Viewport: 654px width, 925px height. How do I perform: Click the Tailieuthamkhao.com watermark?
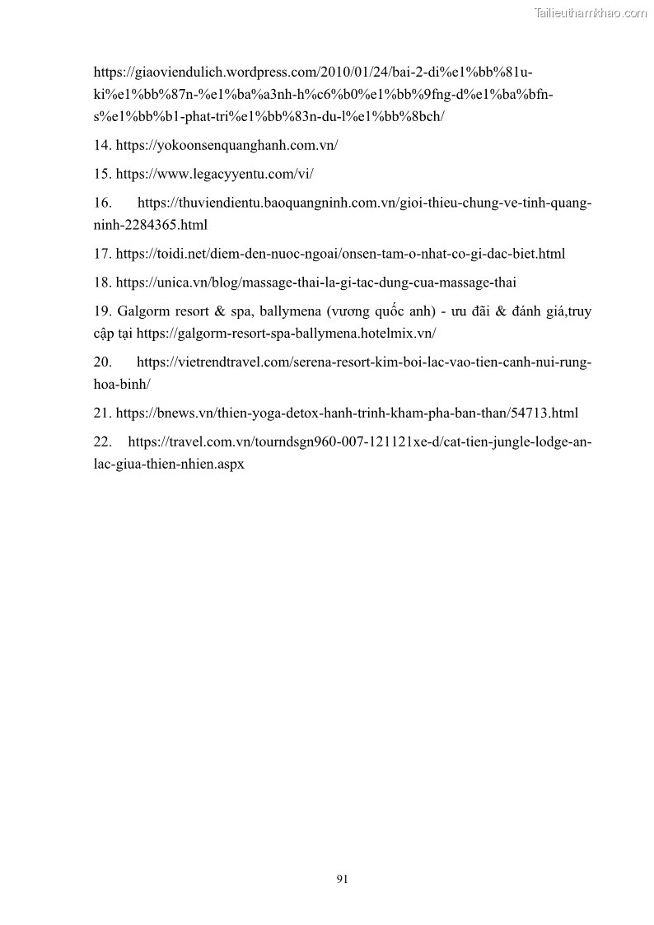591,12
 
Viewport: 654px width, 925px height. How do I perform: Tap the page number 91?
343,879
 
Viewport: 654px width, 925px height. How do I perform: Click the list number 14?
102,145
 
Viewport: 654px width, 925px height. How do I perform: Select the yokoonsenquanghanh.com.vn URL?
227,145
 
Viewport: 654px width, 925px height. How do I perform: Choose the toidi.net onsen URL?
340,254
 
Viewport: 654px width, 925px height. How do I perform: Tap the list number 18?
102,283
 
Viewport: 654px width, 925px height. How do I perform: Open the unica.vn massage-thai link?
315,283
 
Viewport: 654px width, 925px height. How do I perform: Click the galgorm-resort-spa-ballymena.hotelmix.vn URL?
286,334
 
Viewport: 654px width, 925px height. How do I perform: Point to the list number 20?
102,362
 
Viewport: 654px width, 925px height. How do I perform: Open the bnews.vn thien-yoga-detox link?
347,413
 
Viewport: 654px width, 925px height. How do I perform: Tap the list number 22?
102,442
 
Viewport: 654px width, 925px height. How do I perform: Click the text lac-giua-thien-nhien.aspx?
169,464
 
